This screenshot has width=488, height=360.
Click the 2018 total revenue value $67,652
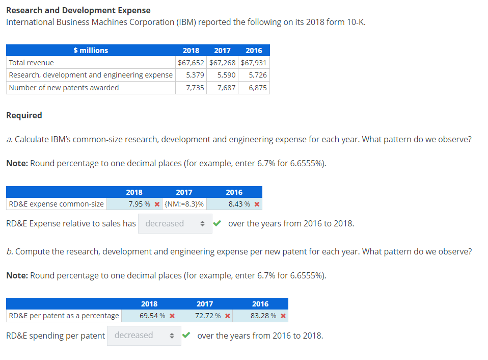pyautogui.click(x=191, y=63)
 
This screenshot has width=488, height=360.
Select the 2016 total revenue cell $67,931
pyautogui.click(x=254, y=63)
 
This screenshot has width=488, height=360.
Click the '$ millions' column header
pyautogui.click(x=91, y=50)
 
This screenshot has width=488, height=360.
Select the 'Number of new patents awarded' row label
pyautogui.click(x=64, y=88)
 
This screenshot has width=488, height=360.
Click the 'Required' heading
pyautogui.click(x=24, y=115)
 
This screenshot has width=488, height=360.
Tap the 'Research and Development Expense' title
pyautogui.click(x=78, y=10)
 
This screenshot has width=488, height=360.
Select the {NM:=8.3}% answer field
pyautogui.click(x=184, y=204)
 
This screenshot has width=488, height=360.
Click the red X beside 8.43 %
pyautogui.click(x=257, y=204)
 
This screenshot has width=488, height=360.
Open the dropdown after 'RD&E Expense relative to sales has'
pyautogui.click(x=175, y=223)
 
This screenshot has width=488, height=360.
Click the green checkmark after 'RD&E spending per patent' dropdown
pyautogui.click(x=187, y=335)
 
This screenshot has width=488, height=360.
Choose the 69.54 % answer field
pyautogui.click(x=152, y=316)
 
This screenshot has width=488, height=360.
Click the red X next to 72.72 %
pyautogui.click(x=228, y=316)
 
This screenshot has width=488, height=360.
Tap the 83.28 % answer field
pyautogui.click(x=264, y=316)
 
